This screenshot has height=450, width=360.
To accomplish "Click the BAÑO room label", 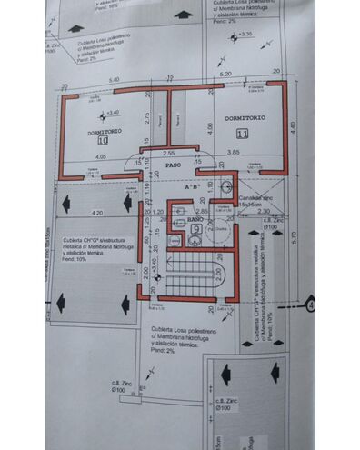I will coord(182,220).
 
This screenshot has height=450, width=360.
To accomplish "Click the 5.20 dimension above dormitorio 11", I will coord(225,74).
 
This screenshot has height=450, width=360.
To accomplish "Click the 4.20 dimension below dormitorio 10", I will coord(97,212).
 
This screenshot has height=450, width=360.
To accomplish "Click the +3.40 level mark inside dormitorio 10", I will coord(112,113).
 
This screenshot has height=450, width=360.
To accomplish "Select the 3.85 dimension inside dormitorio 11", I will coord(233,153).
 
